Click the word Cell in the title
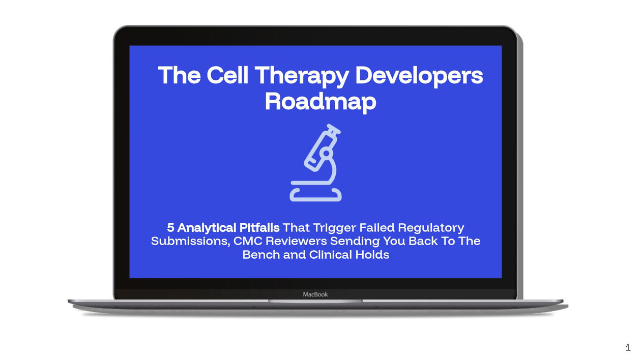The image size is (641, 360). [x=227, y=75]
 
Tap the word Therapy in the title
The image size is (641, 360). [x=302, y=77]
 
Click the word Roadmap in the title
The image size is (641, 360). [x=320, y=102]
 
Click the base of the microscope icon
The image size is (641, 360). [x=315, y=195]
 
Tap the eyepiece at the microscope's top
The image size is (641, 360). [x=334, y=129]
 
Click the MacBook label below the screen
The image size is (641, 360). [x=315, y=294]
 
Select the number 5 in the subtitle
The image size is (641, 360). [x=170, y=228]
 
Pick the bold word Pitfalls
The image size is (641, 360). [x=259, y=228]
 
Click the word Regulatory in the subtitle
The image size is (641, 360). [x=431, y=228]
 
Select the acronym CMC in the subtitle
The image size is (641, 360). [x=248, y=241]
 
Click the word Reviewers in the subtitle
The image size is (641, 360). [x=296, y=241]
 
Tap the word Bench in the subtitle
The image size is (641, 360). [x=261, y=255]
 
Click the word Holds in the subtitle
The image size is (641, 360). [x=372, y=255]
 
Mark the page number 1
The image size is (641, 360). [x=628, y=348]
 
